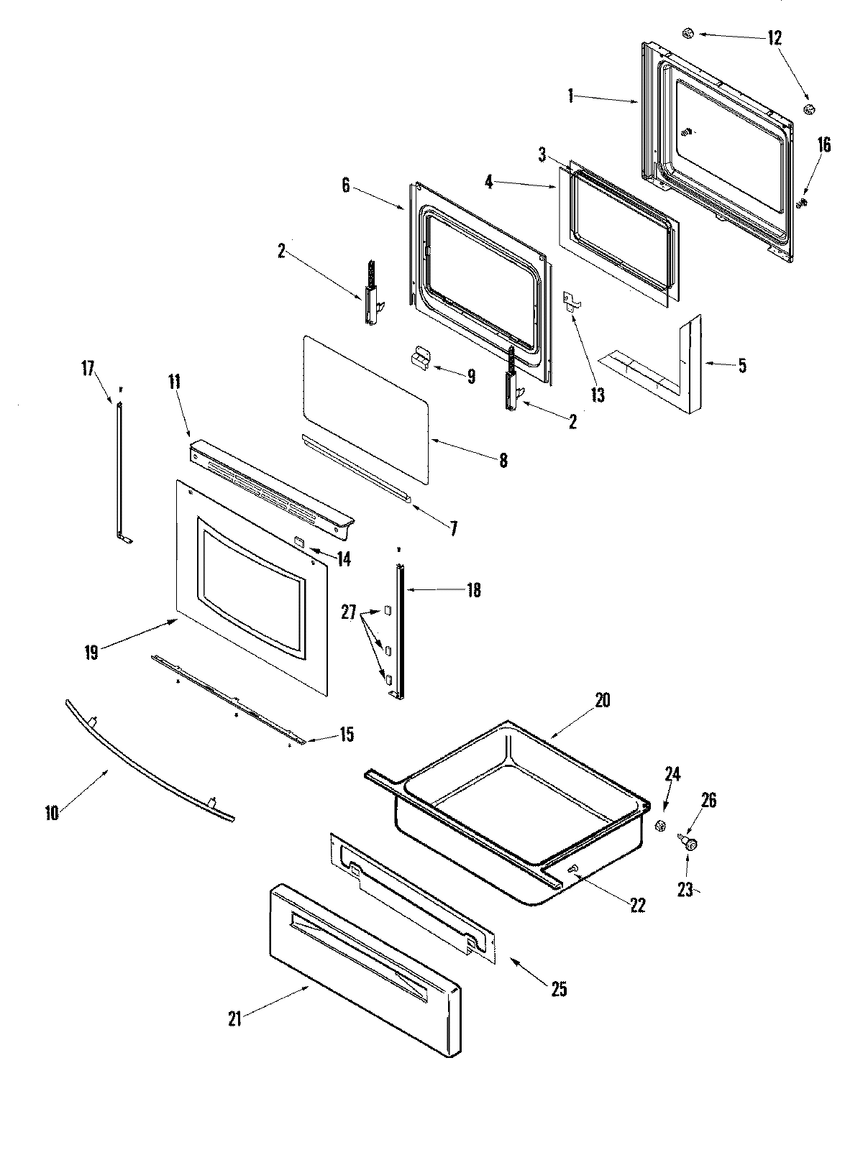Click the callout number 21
234,1018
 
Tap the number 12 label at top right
775,39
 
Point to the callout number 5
742,366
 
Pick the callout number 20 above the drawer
602,699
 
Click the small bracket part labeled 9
420,358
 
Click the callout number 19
91,653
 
